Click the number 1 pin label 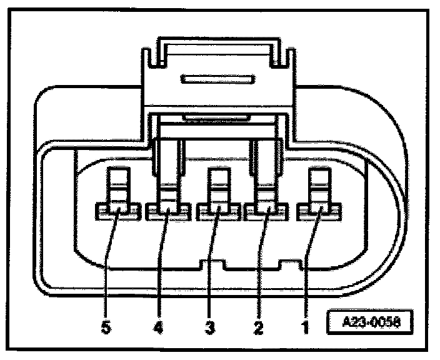(306, 326)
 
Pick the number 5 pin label (107, 326)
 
